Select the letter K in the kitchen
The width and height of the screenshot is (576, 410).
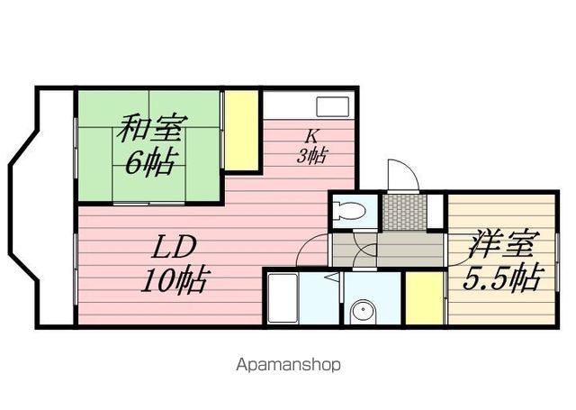312,136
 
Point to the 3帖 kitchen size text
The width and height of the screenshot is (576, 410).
311,156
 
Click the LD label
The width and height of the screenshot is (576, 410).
174,248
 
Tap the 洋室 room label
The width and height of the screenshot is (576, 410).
501,244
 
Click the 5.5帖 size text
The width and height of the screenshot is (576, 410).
502,277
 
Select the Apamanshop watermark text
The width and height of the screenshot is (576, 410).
288,364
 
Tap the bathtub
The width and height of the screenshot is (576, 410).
282,298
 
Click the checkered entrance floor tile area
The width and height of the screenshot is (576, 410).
404,212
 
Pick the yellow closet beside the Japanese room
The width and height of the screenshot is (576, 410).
241,131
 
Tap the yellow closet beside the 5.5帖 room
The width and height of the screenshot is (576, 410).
425,298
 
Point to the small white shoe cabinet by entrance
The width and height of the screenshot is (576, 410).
436,211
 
